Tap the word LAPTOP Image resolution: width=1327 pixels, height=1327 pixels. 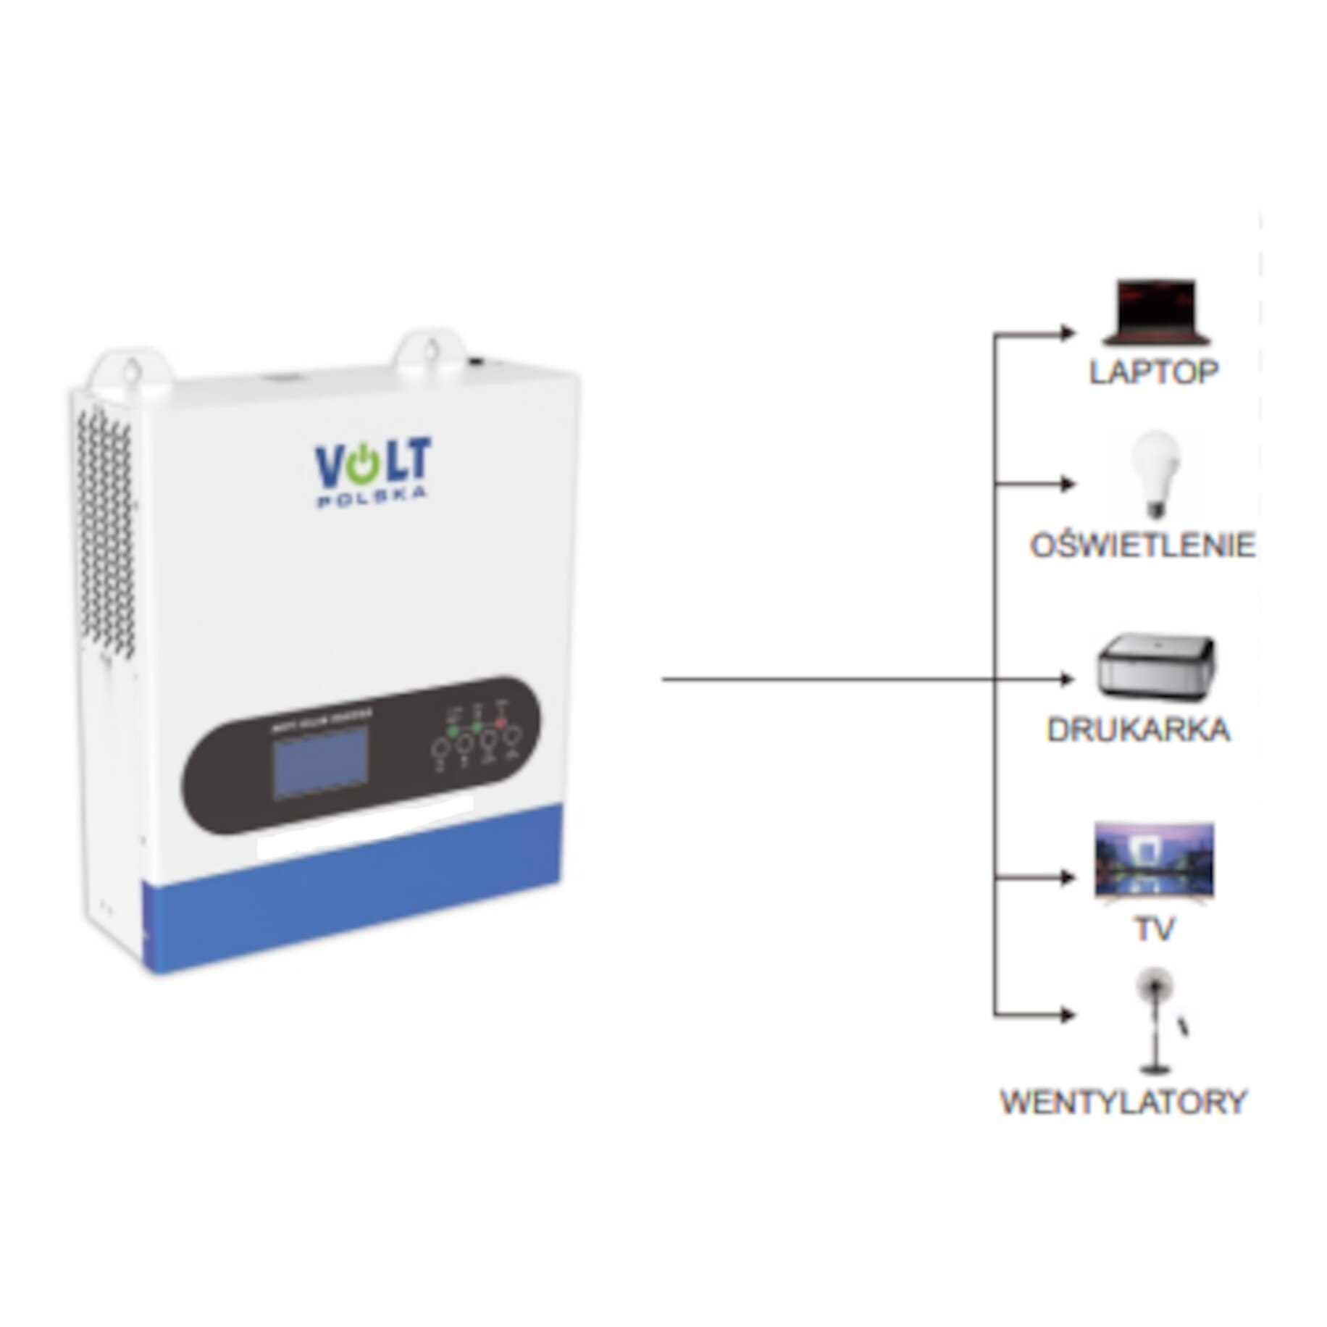pyautogui.click(x=1153, y=372)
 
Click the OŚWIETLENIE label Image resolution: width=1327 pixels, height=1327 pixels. pyautogui.click(x=1142, y=545)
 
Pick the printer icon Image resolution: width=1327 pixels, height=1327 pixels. pyautogui.click(x=1156, y=666)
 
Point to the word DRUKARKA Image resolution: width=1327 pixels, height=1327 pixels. pyautogui.click(x=1138, y=729)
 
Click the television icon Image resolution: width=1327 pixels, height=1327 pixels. pyautogui.click(x=1154, y=861)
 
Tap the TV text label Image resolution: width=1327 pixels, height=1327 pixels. pyautogui.click(x=1153, y=930)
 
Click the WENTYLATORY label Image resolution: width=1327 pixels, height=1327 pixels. pyautogui.click(x=1123, y=1102)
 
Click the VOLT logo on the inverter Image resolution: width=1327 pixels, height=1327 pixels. pyautogui.click(x=372, y=461)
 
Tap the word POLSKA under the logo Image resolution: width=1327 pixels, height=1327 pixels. pyautogui.click(x=371, y=498)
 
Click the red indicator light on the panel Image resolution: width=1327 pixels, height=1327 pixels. pyautogui.click(x=501, y=721)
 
